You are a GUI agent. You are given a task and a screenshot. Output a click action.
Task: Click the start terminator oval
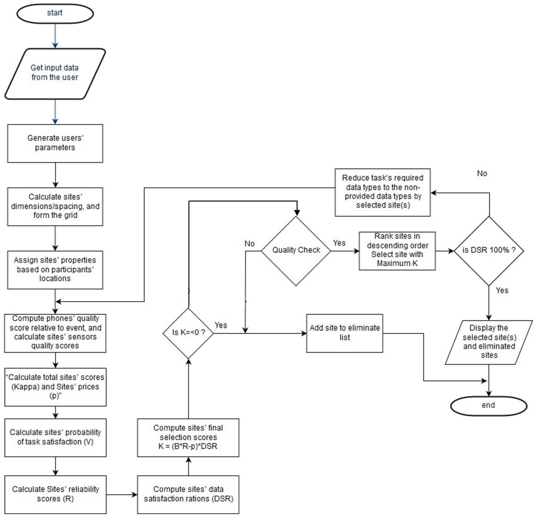pyautogui.click(x=55, y=13)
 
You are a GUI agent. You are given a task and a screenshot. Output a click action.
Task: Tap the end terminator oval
pyautogui.click(x=488, y=405)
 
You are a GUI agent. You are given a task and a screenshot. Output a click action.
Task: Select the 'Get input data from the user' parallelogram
pyautogui.click(x=55, y=74)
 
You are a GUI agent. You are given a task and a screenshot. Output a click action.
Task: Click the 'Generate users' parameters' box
pyautogui.click(x=55, y=143)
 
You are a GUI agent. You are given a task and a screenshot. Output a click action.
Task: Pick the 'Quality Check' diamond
pyautogui.click(x=296, y=251)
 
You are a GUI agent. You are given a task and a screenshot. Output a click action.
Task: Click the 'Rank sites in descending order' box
pyautogui.click(x=397, y=251)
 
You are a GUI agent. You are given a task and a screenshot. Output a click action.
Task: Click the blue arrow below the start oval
pyautogui.click(x=55, y=36)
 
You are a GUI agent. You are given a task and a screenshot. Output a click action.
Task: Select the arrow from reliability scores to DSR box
pyautogui.click(x=122, y=495)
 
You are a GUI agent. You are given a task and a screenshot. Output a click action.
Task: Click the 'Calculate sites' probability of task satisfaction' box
pyautogui.click(x=55, y=437)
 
